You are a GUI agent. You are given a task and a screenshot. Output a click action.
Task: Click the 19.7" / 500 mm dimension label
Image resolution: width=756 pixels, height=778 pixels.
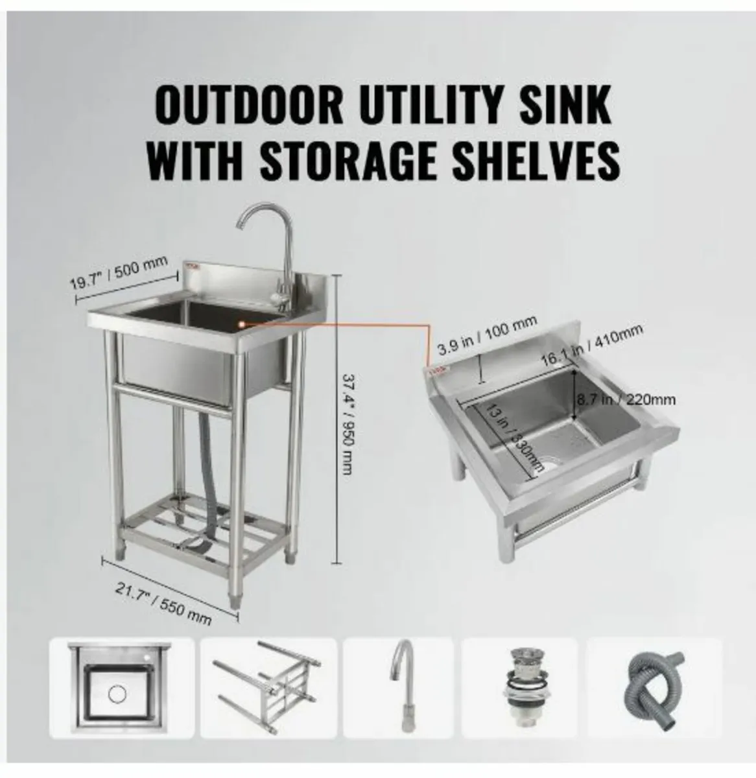point(119,272)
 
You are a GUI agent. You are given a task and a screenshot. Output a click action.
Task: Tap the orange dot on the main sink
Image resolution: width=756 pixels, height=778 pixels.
point(241,320)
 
